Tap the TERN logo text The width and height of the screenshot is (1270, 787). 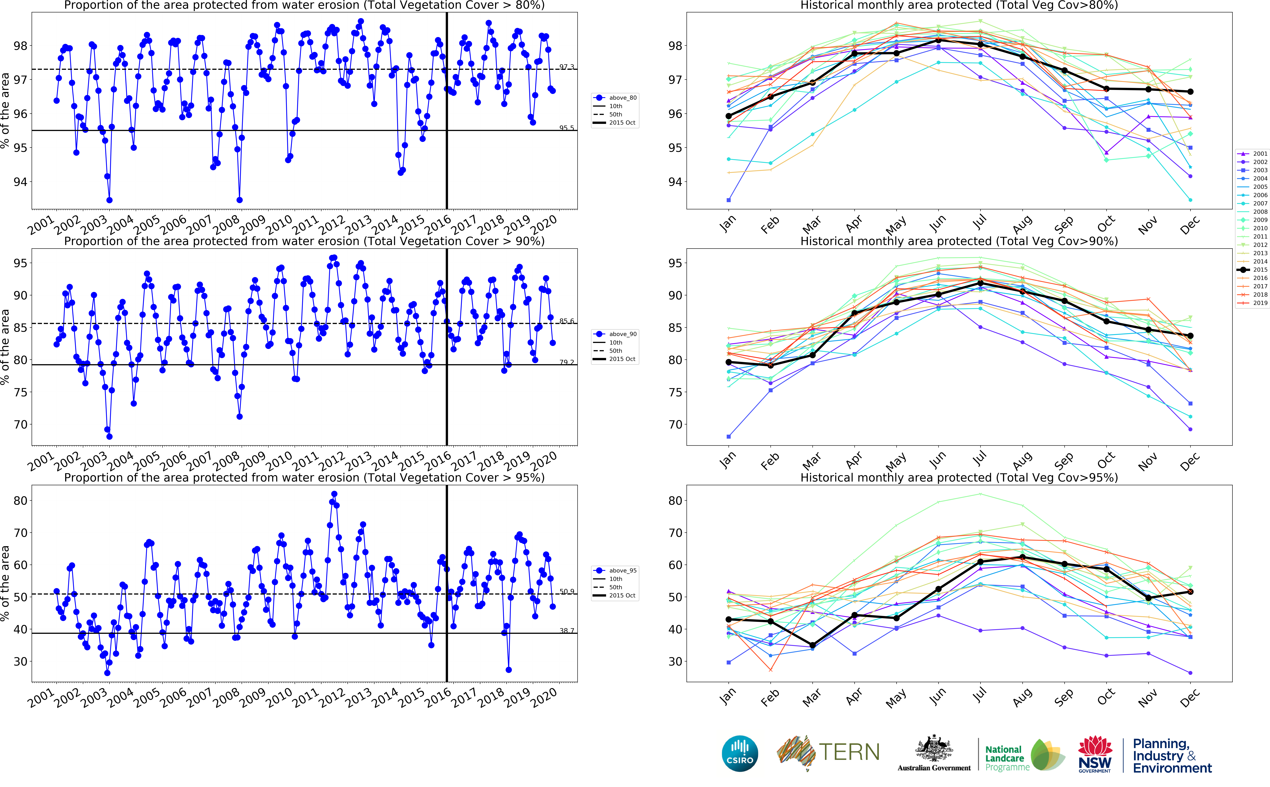849,752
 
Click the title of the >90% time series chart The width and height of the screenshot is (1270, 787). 304,242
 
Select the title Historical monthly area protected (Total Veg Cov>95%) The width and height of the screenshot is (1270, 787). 959,478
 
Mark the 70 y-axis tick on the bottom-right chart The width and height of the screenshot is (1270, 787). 675,533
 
